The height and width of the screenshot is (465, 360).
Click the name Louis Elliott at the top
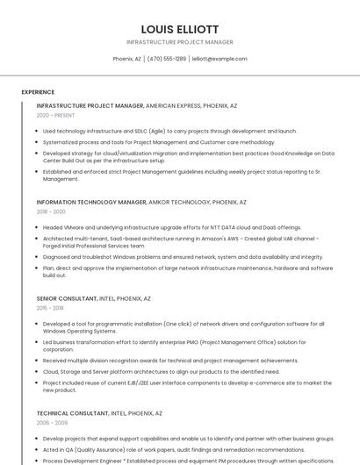click(180, 29)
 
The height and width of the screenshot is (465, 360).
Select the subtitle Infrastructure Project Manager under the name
click(180, 42)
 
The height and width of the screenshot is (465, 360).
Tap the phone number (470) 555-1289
click(167, 59)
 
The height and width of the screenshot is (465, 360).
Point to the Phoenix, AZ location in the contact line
click(126, 59)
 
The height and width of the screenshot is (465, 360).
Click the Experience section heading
click(38, 91)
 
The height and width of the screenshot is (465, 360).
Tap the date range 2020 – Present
click(55, 115)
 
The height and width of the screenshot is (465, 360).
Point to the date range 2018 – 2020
click(51, 211)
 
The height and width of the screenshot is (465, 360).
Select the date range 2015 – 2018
click(50, 308)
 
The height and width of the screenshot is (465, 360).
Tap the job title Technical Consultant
click(73, 412)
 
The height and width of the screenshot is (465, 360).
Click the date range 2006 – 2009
click(51, 422)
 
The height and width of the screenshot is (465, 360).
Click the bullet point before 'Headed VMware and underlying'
click(38, 227)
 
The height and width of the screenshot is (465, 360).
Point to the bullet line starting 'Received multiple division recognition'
click(170, 360)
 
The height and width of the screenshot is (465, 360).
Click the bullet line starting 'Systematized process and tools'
click(159, 141)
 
